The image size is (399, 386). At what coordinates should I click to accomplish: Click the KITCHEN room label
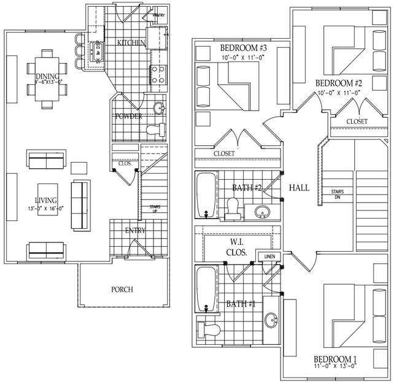131,42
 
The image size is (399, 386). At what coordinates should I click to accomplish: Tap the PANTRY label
158,15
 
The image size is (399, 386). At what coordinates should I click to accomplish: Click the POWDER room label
128,117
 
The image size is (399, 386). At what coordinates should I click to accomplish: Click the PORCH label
122,290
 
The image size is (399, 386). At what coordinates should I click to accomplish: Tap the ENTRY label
135,231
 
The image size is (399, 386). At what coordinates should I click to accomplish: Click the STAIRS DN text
337,194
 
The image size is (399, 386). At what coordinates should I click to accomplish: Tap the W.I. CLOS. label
234,247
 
